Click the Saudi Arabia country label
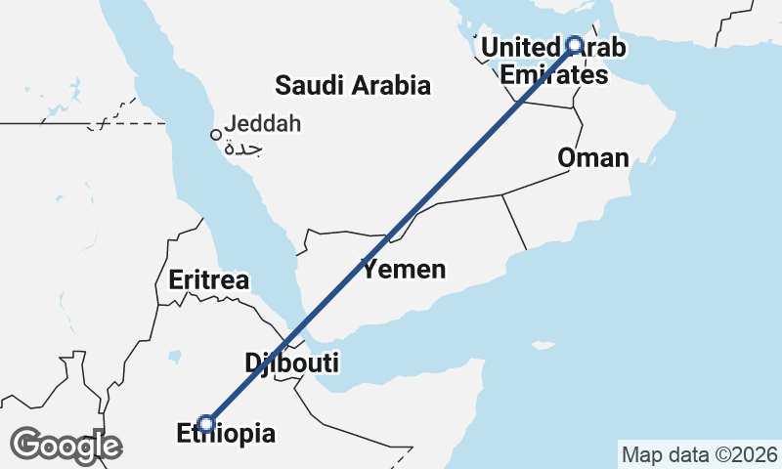pyautogui.click(x=352, y=85)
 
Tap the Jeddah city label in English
pyautogui.click(x=262, y=124)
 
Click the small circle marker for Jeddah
pyautogui.click(x=216, y=135)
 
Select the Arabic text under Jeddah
pyautogui.click(x=243, y=149)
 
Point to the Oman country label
pyautogui.click(x=592, y=157)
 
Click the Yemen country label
pyautogui.click(x=404, y=270)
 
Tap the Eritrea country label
pyautogui.click(x=208, y=280)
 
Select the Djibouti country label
pyautogui.click(x=291, y=363)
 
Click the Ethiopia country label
pyautogui.click(x=226, y=434)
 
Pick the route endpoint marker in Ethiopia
pyautogui.click(x=206, y=423)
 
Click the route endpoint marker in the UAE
pyautogui.click(x=575, y=44)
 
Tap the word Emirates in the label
pyautogui.click(x=553, y=74)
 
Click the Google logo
pyautogui.click(x=65, y=446)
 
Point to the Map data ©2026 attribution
pyautogui.click(x=699, y=454)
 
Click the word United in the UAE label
pyautogui.click(x=519, y=47)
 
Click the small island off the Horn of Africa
pyautogui.click(x=541, y=345)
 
